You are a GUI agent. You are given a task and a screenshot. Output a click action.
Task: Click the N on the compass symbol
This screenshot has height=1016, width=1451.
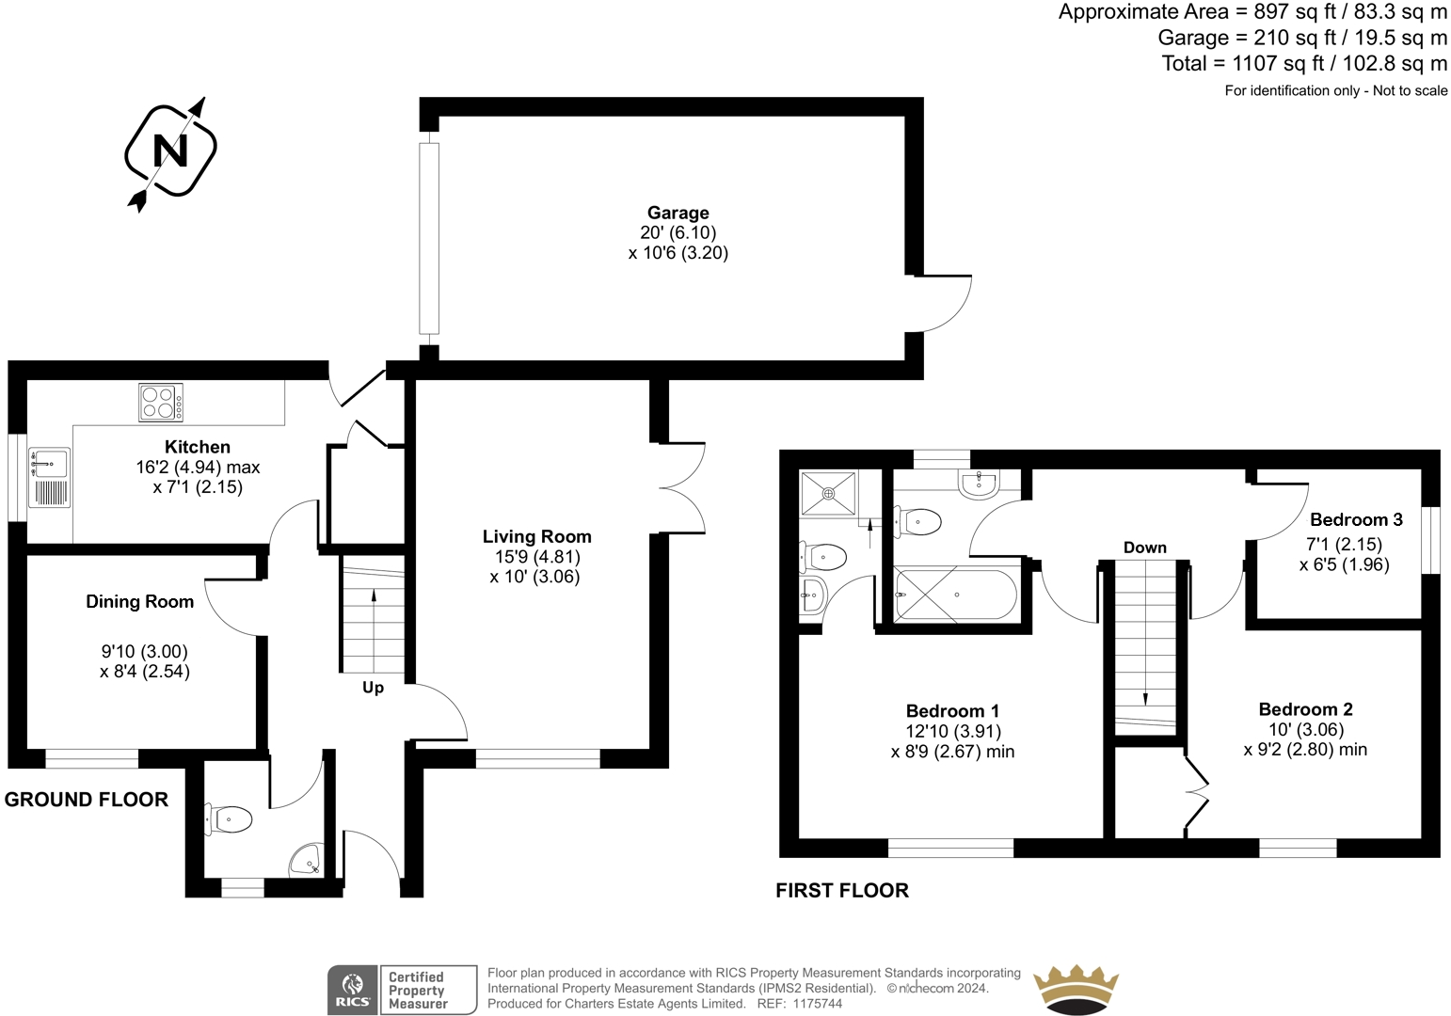(x=170, y=151)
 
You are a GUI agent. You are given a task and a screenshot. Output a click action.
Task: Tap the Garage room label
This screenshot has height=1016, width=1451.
(x=678, y=213)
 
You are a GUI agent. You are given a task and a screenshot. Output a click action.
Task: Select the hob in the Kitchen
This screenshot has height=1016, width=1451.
(x=161, y=402)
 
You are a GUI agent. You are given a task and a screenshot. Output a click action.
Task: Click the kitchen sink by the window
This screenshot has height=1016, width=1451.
(x=49, y=477)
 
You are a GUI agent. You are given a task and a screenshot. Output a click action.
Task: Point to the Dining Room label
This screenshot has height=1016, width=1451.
(x=140, y=601)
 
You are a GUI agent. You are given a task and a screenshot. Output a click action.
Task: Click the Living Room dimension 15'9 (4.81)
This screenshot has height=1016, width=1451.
(x=537, y=557)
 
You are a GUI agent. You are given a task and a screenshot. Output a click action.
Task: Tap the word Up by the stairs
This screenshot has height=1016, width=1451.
(x=373, y=688)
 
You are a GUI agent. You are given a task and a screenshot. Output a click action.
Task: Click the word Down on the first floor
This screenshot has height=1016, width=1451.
(x=1144, y=548)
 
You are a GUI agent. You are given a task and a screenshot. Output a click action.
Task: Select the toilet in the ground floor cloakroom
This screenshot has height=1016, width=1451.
(x=228, y=819)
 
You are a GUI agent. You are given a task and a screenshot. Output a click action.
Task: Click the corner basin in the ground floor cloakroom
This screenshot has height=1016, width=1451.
(x=307, y=859)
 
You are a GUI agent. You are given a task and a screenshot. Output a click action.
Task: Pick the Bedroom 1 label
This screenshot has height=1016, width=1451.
(x=952, y=711)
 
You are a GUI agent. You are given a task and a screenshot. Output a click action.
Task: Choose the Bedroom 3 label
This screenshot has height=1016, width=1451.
(x=1356, y=520)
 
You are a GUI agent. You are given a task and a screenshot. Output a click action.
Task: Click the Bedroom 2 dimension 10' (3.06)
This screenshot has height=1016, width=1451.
(x=1306, y=730)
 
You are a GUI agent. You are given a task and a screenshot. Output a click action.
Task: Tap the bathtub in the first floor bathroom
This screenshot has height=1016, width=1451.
(x=955, y=594)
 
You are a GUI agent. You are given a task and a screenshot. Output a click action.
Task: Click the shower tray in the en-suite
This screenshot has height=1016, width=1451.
(x=828, y=494)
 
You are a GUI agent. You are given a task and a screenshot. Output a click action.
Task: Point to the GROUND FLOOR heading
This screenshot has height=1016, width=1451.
(x=87, y=800)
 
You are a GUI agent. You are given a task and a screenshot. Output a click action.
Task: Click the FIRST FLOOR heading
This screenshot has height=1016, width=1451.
(x=842, y=890)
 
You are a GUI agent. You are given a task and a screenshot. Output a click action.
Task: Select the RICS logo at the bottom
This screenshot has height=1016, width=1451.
(x=352, y=990)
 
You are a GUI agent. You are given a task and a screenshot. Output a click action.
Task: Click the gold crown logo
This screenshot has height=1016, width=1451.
(x=1076, y=990)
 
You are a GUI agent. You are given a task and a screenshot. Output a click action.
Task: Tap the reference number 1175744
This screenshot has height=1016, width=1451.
(x=819, y=1004)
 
